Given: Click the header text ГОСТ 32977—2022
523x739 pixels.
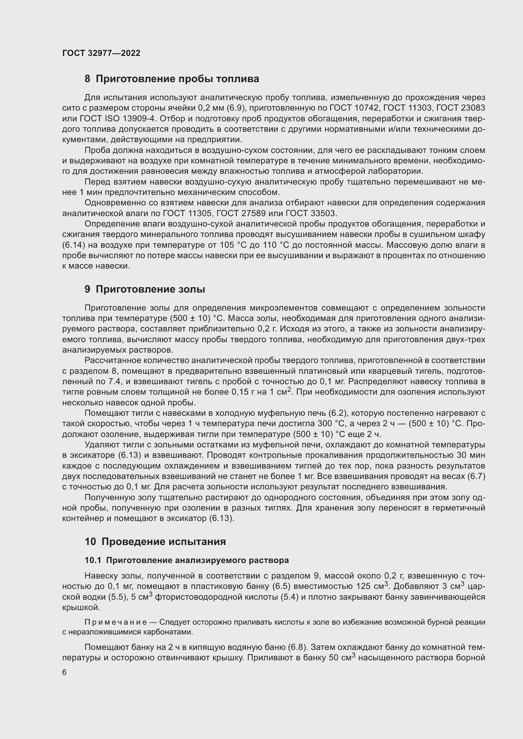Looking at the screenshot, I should point(101,53).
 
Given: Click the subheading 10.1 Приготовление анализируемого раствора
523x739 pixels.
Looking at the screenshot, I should point(187,560).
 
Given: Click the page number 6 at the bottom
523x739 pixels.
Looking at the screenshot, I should point(65,672).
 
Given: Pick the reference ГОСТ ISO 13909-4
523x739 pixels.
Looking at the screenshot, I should point(115,119).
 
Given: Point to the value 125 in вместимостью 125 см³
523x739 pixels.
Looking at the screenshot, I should point(364,586).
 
